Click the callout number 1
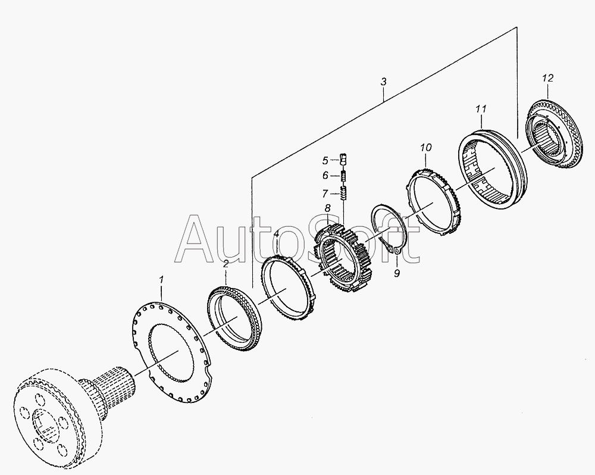(161, 280)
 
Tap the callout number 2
(226, 264)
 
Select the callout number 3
(384, 82)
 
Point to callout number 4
(277, 234)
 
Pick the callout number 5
(325, 161)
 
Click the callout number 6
(325, 176)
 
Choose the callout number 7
(325, 194)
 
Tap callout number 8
(327, 208)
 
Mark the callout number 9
(397, 273)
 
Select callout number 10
(426, 148)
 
